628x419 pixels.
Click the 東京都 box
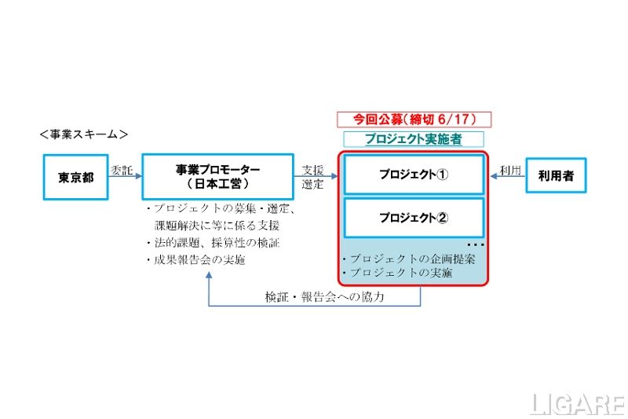(76, 178)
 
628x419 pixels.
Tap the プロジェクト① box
(414, 175)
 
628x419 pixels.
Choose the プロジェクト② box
(414, 218)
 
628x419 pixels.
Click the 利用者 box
(556, 176)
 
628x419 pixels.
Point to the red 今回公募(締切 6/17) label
(414, 119)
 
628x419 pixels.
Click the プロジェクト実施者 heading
(414, 138)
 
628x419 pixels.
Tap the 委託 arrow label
(122, 169)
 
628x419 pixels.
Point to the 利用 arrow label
(510, 169)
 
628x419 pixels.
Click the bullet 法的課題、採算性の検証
(213, 243)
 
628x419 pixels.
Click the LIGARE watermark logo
(577, 403)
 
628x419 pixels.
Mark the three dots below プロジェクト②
(475, 244)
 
